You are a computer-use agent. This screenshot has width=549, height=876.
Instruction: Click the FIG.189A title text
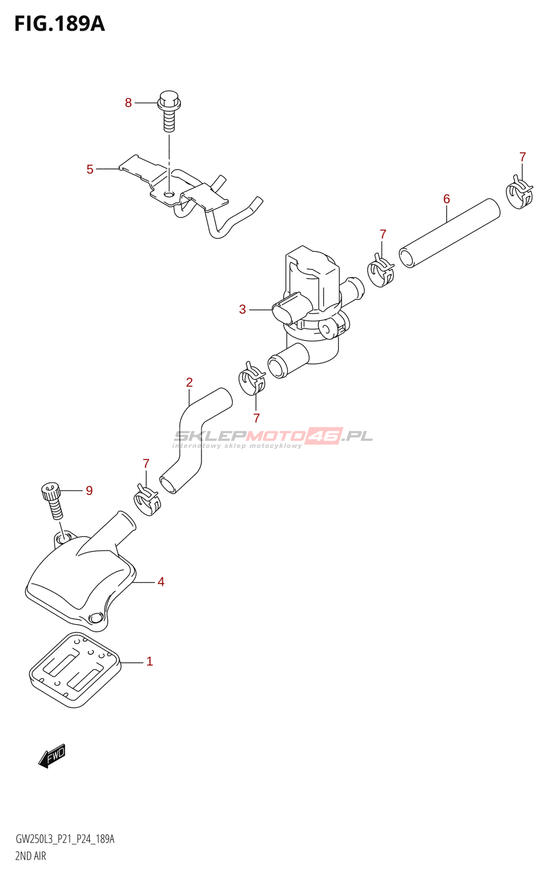tap(59, 24)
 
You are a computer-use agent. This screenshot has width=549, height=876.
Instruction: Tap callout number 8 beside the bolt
tap(129, 103)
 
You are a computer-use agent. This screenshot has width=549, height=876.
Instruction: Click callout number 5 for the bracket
tap(90, 170)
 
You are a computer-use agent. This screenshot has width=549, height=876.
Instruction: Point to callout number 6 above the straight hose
tap(446, 199)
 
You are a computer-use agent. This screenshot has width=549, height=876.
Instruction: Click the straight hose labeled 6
tap(450, 234)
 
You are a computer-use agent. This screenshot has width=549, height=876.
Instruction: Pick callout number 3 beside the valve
tap(242, 310)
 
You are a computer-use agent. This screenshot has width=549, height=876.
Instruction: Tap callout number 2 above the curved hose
tap(189, 383)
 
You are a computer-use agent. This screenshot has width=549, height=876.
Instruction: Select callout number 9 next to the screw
tap(89, 491)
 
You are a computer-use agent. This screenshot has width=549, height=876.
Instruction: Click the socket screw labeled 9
tap(52, 499)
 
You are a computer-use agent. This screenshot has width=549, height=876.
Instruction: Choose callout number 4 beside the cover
tap(161, 582)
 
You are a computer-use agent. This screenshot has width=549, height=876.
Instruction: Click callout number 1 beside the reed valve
tap(149, 662)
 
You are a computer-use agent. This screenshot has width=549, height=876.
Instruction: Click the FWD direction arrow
tap(52, 756)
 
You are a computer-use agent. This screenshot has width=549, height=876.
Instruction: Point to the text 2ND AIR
tap(31, 856)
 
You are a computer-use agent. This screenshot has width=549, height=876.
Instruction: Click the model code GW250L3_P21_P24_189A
tap(65, 839)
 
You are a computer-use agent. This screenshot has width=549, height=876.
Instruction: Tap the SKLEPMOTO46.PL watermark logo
tap(273, 436)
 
